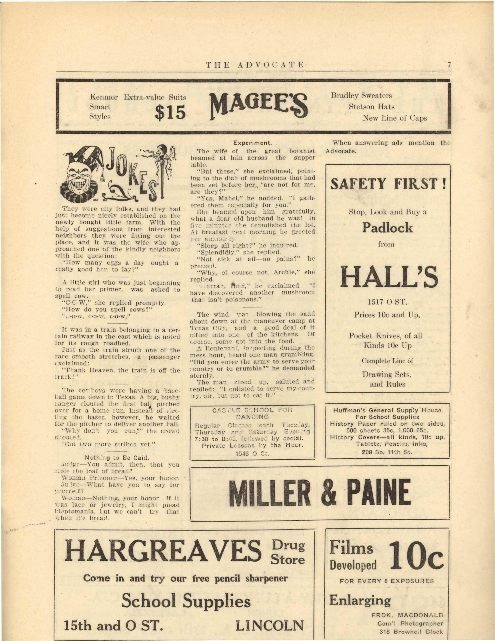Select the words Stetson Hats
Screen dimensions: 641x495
372,107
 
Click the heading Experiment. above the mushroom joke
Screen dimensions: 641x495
253,143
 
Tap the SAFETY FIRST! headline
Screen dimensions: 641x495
388,184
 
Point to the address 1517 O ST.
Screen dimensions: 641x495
387,302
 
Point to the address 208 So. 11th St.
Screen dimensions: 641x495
387,452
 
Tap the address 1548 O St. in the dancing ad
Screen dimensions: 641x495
252,453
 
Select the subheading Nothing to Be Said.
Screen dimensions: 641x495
117,458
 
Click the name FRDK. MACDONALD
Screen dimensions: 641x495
407,615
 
